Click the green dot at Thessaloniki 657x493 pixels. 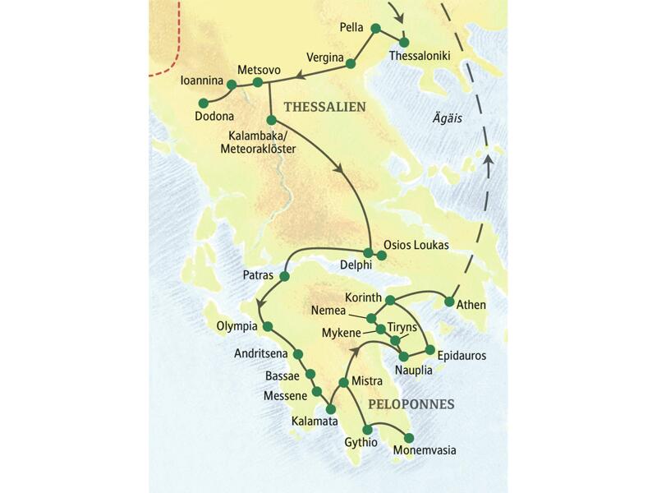click(403, 42)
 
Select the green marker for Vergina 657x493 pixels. click(351, 63)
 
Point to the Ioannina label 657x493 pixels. click(202, 82)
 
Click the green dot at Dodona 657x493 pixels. click(202, 103)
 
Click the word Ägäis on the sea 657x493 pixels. click(448, 119)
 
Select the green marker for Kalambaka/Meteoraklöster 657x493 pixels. click(271, 120)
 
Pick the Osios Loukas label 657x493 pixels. click(416, 245)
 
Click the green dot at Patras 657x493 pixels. click(284, 276)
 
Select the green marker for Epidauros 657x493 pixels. click(429, 350)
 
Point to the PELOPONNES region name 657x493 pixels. click(411, 404)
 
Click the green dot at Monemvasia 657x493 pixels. click(408, 437)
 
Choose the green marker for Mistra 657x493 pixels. click(343, 383)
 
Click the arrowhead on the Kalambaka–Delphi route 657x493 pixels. click(338, 168)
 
